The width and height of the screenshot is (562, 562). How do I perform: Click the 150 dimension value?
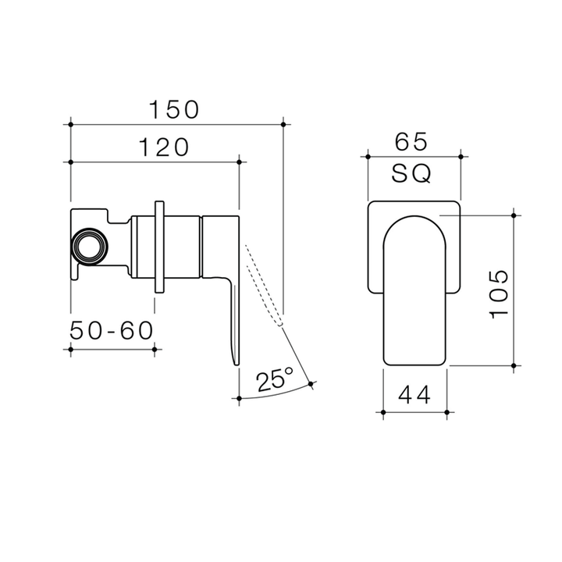(176, 109)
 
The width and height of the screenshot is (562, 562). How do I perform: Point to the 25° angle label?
(274, 380)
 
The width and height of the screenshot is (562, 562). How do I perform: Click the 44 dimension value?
(414, 396)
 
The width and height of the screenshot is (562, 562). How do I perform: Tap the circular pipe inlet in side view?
(87, 247)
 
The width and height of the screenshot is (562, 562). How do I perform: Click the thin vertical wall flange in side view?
(160, 247)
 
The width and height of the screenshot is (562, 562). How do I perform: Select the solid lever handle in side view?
(233, 312)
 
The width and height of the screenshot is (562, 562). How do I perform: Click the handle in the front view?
(415, 289)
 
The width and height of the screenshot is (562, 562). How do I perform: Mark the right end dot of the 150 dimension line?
(283, 123)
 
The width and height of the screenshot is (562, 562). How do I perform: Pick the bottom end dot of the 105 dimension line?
(513, 365)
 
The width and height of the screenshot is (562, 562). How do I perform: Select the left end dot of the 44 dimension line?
(382, 411)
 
